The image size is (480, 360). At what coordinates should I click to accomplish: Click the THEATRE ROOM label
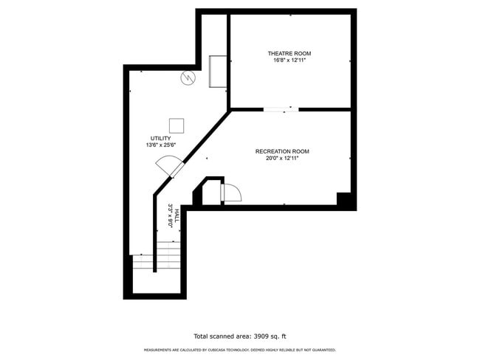pos(289,53)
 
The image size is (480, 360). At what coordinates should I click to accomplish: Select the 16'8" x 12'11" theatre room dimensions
pos(289,60)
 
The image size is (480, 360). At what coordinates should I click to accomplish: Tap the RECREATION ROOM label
pos(282,151)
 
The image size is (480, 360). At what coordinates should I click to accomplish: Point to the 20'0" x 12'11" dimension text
pos(282,158)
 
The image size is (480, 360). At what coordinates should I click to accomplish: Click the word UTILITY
pos(161,138)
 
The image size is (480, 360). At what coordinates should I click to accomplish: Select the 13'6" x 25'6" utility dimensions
pos(161,145)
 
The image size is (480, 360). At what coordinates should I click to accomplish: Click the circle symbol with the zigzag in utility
pos(188,77)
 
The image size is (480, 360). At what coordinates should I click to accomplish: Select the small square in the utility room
pos(176,125)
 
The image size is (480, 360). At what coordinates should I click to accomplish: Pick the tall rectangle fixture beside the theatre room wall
pos(219,70)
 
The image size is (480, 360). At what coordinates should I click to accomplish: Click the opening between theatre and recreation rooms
pos(281,110)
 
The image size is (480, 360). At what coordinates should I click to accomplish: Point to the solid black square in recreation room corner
pos(344,198)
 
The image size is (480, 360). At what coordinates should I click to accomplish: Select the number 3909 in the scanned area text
pos(260,335)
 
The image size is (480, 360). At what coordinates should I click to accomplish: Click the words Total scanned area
pos(220,335)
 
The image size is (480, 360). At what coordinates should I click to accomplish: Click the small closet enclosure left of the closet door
pos(209,191)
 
